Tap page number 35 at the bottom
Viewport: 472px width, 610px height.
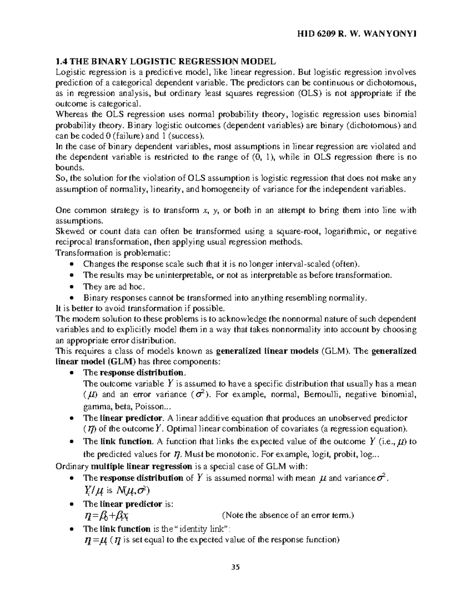tap(236, 567)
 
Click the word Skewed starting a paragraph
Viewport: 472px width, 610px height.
tap(69, 231)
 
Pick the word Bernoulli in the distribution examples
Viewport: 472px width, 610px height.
tap(322, 394)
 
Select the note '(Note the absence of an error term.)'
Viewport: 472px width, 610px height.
tap(288, 515)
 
